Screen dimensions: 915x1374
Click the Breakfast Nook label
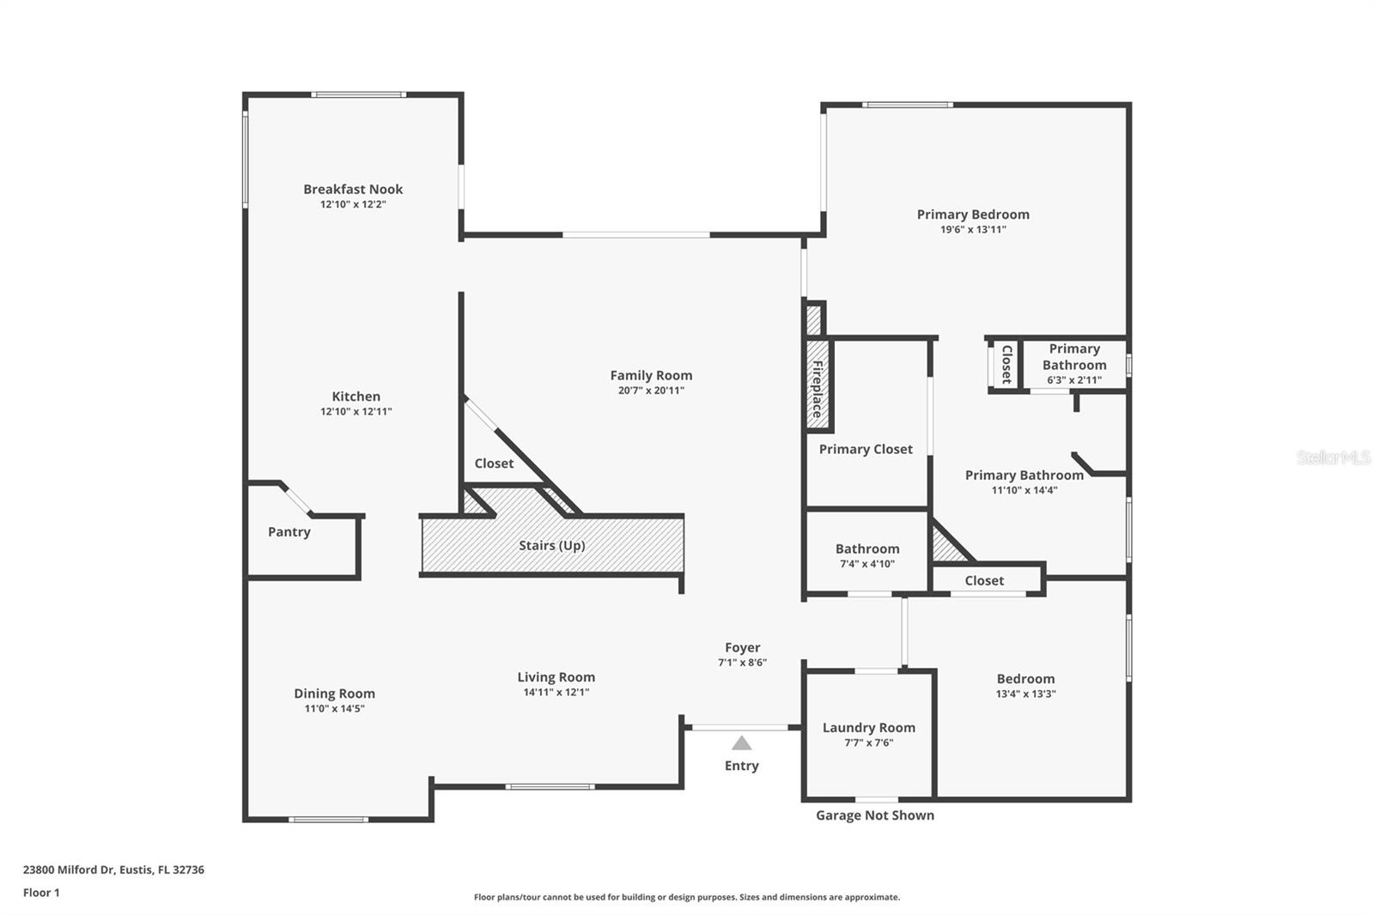pyautogui.click(x=353, y=189)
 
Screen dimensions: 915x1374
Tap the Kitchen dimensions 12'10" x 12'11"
pyautogui.click(x=356, y=412)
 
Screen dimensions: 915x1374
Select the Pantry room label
pyautogui.click(x=289, y=532)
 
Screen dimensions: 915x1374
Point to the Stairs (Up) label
pyautogui.click(x=551, y=546)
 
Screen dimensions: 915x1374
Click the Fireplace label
pyautogui.click(x=818, y=389)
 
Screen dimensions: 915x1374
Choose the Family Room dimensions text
pyautogui.click(x=651, y=391)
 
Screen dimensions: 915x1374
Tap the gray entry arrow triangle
pyautogui.click(x=742, y=743)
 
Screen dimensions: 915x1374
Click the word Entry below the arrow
pyautogui.click(x=742, y=766)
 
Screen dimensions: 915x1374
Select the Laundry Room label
pyautogui.click(x=869, y=728)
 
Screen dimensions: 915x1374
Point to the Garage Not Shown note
pyautogui.click(x=875, y=815)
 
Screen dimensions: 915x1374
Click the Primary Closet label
pyautogui.click(x=866, y=449)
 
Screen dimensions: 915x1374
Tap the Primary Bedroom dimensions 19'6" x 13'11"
pyautogui.click(x=973, y=230)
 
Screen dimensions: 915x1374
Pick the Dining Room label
pyautogui.click(x=334, y=694)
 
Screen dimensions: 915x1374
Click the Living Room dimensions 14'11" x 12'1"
pyautogui.click(x=556, y=693)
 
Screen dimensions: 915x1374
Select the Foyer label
pyautogui.click(x=743, y=648)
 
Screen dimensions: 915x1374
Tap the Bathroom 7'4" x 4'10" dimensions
pyautogui.click(x=867, y=565)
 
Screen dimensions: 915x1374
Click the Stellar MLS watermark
pyautogui.click(x=1334, y=457)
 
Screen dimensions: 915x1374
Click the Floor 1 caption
pyautogui.click(x=41, y=893)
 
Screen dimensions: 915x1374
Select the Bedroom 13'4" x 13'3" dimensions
pyautogui.click(x=1025, y=694)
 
